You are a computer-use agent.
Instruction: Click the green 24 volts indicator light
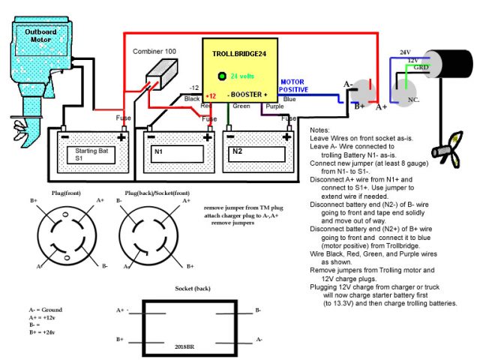pyautogui.click(x=222, y=76)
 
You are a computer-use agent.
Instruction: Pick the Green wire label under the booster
pyautogui.click(x=241, y=106)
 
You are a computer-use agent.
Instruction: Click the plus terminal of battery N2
pyautogui.click(x=287, y=136)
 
